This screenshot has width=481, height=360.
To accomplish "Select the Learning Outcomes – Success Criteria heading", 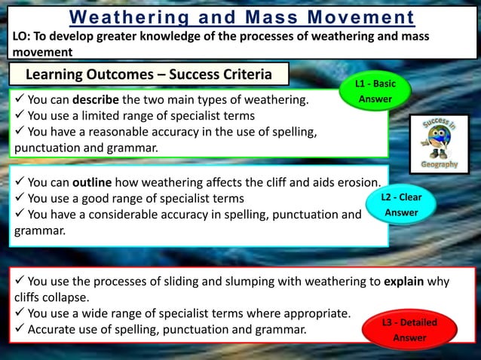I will coord(149,74).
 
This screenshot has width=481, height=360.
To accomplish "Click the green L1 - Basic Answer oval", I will coord(375,92).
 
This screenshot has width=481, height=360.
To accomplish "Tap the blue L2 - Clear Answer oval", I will coord(402,205).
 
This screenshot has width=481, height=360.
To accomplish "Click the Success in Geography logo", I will coord(439,144).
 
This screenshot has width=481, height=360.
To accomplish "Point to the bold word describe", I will coord(96,99).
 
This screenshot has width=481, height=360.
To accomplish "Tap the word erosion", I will coord(357,182).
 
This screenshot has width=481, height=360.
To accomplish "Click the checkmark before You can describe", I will coord(20,99).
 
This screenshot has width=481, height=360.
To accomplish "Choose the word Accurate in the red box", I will coord(54,329).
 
